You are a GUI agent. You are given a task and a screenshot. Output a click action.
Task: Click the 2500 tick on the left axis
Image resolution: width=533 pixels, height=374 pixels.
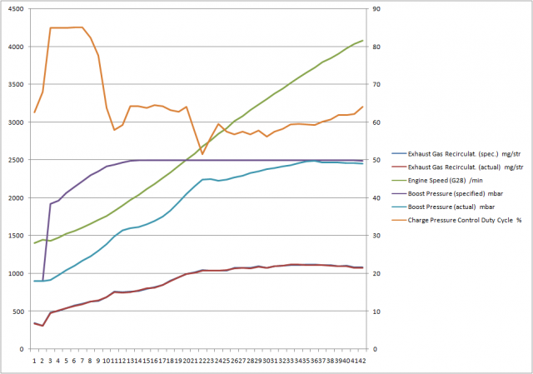tap(14, 160)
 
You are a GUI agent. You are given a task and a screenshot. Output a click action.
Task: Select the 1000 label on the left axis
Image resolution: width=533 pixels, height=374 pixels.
tap(14, 273)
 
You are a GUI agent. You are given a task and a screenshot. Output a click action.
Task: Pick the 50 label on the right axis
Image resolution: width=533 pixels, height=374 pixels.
tap(376, 160)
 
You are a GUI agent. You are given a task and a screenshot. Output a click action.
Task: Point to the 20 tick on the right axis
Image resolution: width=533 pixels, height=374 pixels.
tap(376, 273)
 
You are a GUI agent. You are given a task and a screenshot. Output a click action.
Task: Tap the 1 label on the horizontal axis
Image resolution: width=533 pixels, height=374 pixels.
tap(34, 359)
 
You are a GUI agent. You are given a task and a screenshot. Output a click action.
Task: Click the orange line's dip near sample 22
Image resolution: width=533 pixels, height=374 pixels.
tap(202, 154)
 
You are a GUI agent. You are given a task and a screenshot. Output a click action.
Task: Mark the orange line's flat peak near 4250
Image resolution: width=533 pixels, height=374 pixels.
tap(67, 27)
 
